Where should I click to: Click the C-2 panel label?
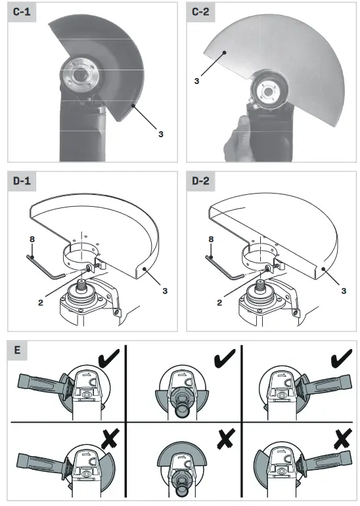[202, 12]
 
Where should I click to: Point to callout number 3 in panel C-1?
[160, 134]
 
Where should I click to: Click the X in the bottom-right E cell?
[341, 436]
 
